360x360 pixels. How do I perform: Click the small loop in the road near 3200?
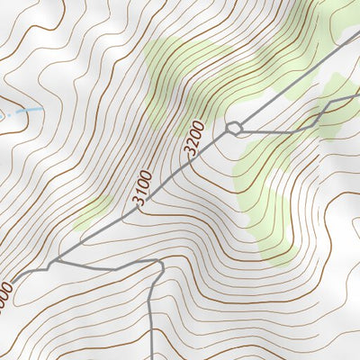234,128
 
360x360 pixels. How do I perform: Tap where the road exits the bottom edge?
152,357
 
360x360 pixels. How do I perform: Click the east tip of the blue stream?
40,107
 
